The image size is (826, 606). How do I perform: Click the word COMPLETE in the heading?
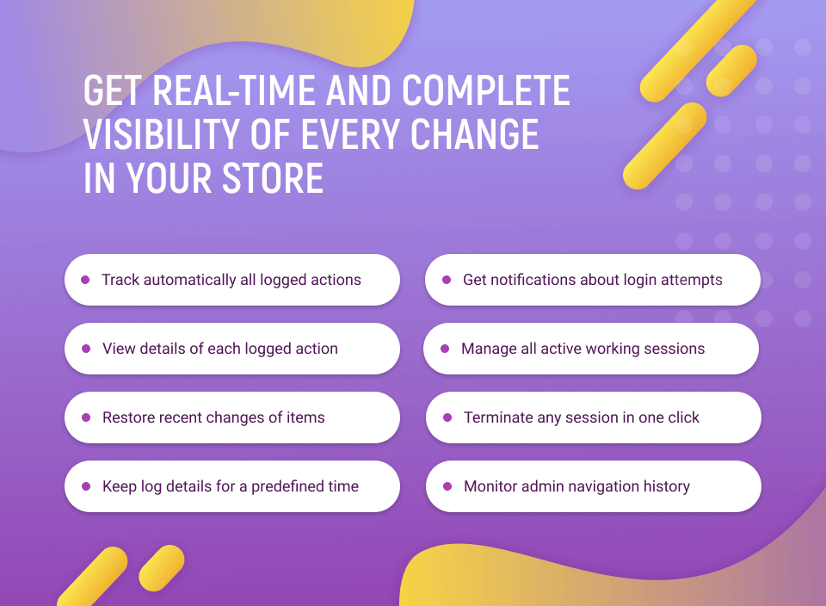[486, 90]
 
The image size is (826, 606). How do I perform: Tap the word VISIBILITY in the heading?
[162, 133]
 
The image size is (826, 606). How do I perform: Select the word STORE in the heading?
[273, 178]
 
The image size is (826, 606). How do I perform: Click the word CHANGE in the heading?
[475, 133]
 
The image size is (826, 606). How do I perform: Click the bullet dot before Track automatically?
[85, 280]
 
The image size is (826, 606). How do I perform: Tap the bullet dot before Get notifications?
[447, 280]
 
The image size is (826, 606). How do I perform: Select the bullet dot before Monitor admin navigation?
[447, 486]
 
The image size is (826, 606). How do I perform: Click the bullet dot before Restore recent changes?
[86, 417]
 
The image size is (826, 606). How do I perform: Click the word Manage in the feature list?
[489, 349]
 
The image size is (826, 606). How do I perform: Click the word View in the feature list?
[119, 349]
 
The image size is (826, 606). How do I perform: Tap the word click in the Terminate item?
[684, 417]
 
